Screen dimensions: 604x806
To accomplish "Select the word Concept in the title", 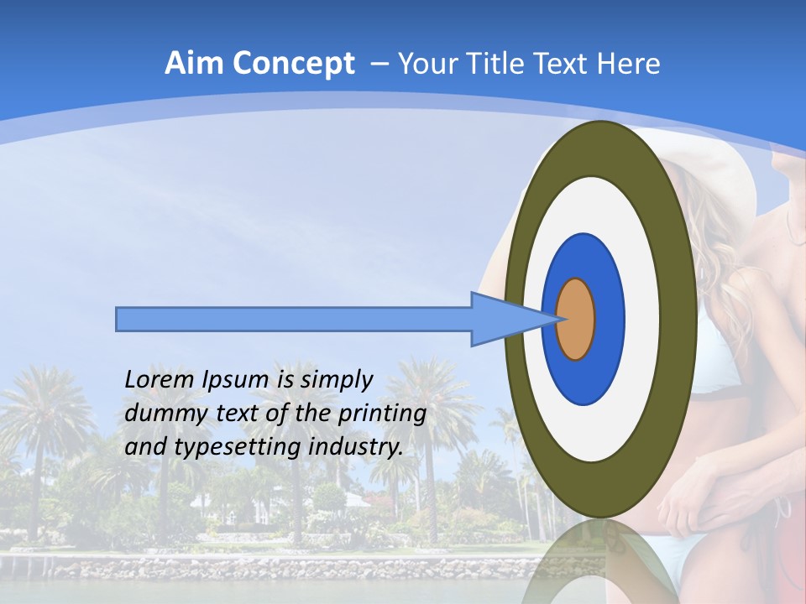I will point(293,64).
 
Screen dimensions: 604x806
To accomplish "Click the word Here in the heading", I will point(629,64).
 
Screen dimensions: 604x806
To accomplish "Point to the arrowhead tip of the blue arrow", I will point(559,319).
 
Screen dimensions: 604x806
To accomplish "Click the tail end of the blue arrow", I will point(118,319).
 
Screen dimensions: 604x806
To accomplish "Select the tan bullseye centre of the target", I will point(576,320).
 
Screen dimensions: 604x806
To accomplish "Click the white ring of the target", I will point(646,320).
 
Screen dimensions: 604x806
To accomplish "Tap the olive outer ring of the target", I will point(682,320).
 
